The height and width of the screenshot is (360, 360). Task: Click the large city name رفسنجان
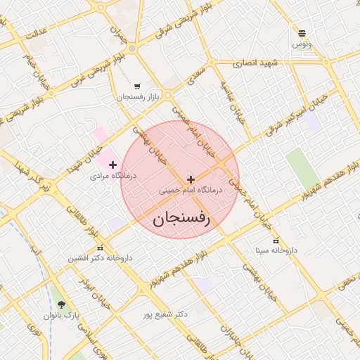(x=181, y=219)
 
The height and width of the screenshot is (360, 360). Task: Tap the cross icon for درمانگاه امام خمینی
(x=191, y=180)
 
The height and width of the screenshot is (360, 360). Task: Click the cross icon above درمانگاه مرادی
(x=112, y=165)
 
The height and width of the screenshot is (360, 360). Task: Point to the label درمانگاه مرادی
(x=109, y=176)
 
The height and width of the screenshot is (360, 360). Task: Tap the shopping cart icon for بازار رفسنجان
(x=136, y=86)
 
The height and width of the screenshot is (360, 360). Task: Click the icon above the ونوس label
(x=302, y=34)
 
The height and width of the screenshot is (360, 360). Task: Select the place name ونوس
(x=302, y=44)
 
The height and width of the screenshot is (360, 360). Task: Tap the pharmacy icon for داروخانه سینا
(x=276, y=240)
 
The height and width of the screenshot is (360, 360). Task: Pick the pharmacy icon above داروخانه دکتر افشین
(x=100, y=247)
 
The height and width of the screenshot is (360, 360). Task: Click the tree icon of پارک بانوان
(x=61, y=304)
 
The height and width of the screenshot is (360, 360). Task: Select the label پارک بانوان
(x=61, y=316)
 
